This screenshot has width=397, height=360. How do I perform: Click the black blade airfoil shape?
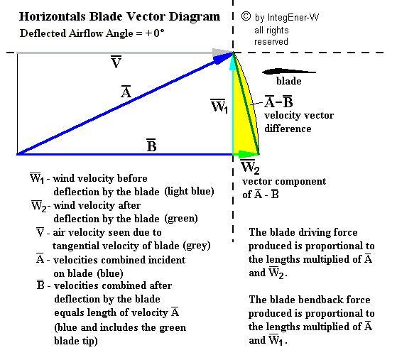[x=288, y=72]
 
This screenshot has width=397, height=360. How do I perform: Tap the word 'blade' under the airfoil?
[x=289, y=81]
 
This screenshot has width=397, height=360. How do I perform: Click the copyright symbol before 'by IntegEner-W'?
[x=246, y=16]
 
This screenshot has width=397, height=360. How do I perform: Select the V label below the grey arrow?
[x=116, y=62]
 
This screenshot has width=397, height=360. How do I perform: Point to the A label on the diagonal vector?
[x=126, y=92]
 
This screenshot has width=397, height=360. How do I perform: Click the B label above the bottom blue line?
[x=151, y=145]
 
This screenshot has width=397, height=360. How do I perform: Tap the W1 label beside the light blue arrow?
[x=219, y=106]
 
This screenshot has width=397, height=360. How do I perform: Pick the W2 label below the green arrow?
[x=250, y=167]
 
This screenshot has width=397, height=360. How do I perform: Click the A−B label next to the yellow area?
[x=278, y=102]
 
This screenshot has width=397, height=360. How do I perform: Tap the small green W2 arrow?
[x=246, y=154]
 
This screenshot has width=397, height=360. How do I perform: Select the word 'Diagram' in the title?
[x=195, y=17]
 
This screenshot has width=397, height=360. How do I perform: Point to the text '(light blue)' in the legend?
[x=189, y=191]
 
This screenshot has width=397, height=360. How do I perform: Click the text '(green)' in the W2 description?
[x=181, y=218]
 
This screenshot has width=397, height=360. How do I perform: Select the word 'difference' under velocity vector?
[x=288, y=129]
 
